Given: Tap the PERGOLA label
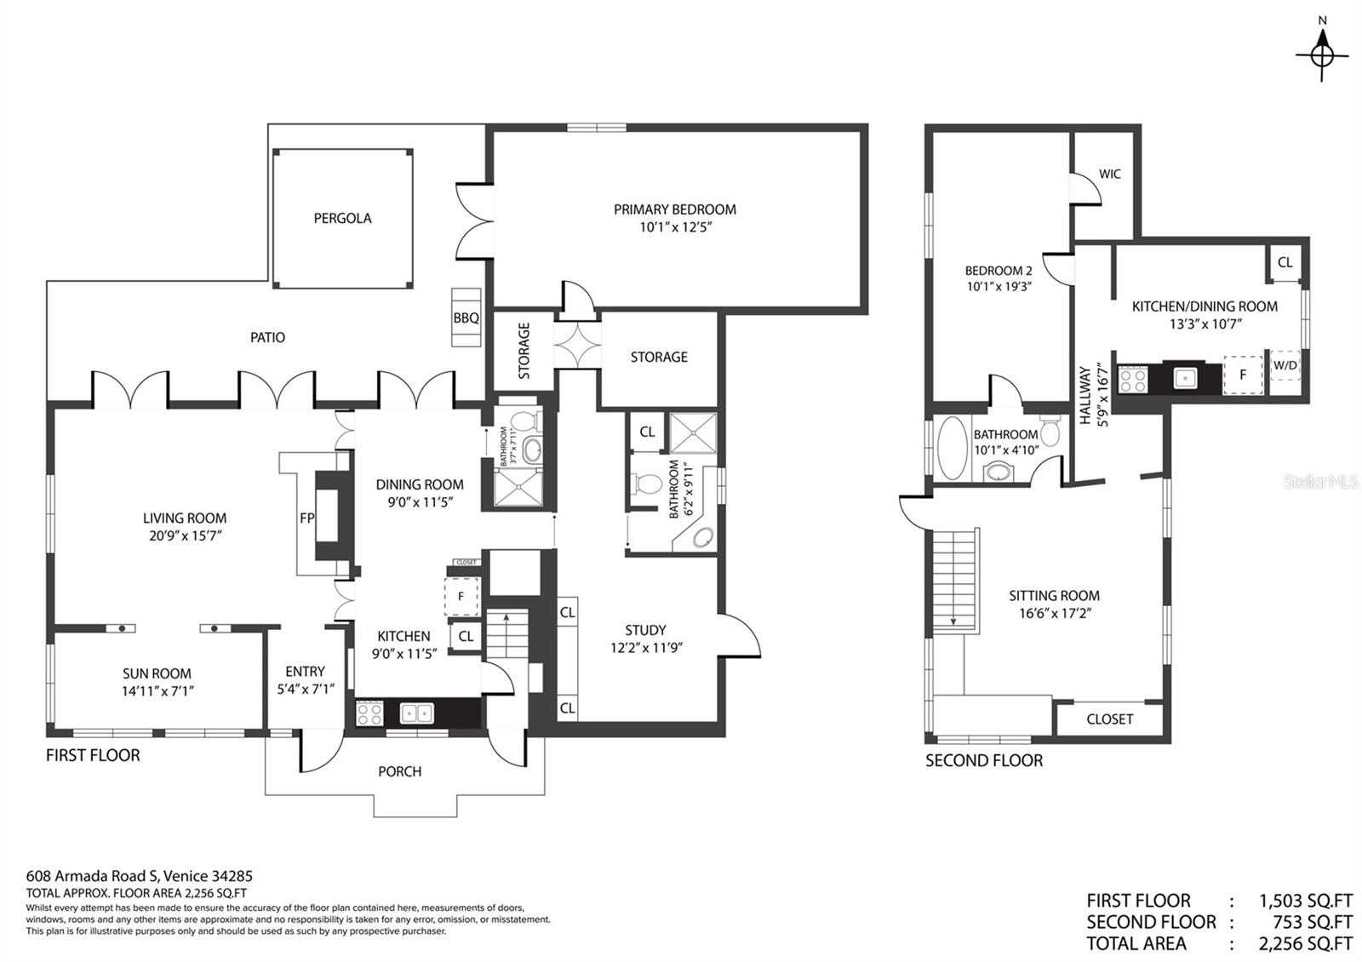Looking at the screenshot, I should [x=342, y=218].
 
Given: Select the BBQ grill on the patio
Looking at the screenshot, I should [x=466, y=318].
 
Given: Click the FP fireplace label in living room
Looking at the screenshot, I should [x=307, y=518].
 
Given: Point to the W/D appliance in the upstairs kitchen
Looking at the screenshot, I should [x=1285, y=366].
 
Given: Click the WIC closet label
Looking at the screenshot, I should [x=1109, y=174].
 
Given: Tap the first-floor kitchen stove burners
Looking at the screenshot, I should [x=369, y=713].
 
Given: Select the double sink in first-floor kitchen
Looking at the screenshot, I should [x=415, y=713].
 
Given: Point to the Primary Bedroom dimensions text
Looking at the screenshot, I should [x=674, y=227].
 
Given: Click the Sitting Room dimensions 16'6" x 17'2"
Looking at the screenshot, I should [x=1054, y=613].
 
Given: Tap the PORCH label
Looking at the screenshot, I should [x=399, y=771].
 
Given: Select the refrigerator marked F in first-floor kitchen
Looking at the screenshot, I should [x=461, y=596].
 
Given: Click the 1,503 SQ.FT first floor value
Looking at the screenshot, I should [x=1305, y=901].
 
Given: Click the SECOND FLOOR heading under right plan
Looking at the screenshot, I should [x=984, y=760].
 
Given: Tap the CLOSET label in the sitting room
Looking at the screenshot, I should [x=1109, y=719].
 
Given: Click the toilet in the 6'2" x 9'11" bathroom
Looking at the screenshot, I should [x=647, y=485].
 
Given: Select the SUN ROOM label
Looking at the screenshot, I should [x=157, y=673].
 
